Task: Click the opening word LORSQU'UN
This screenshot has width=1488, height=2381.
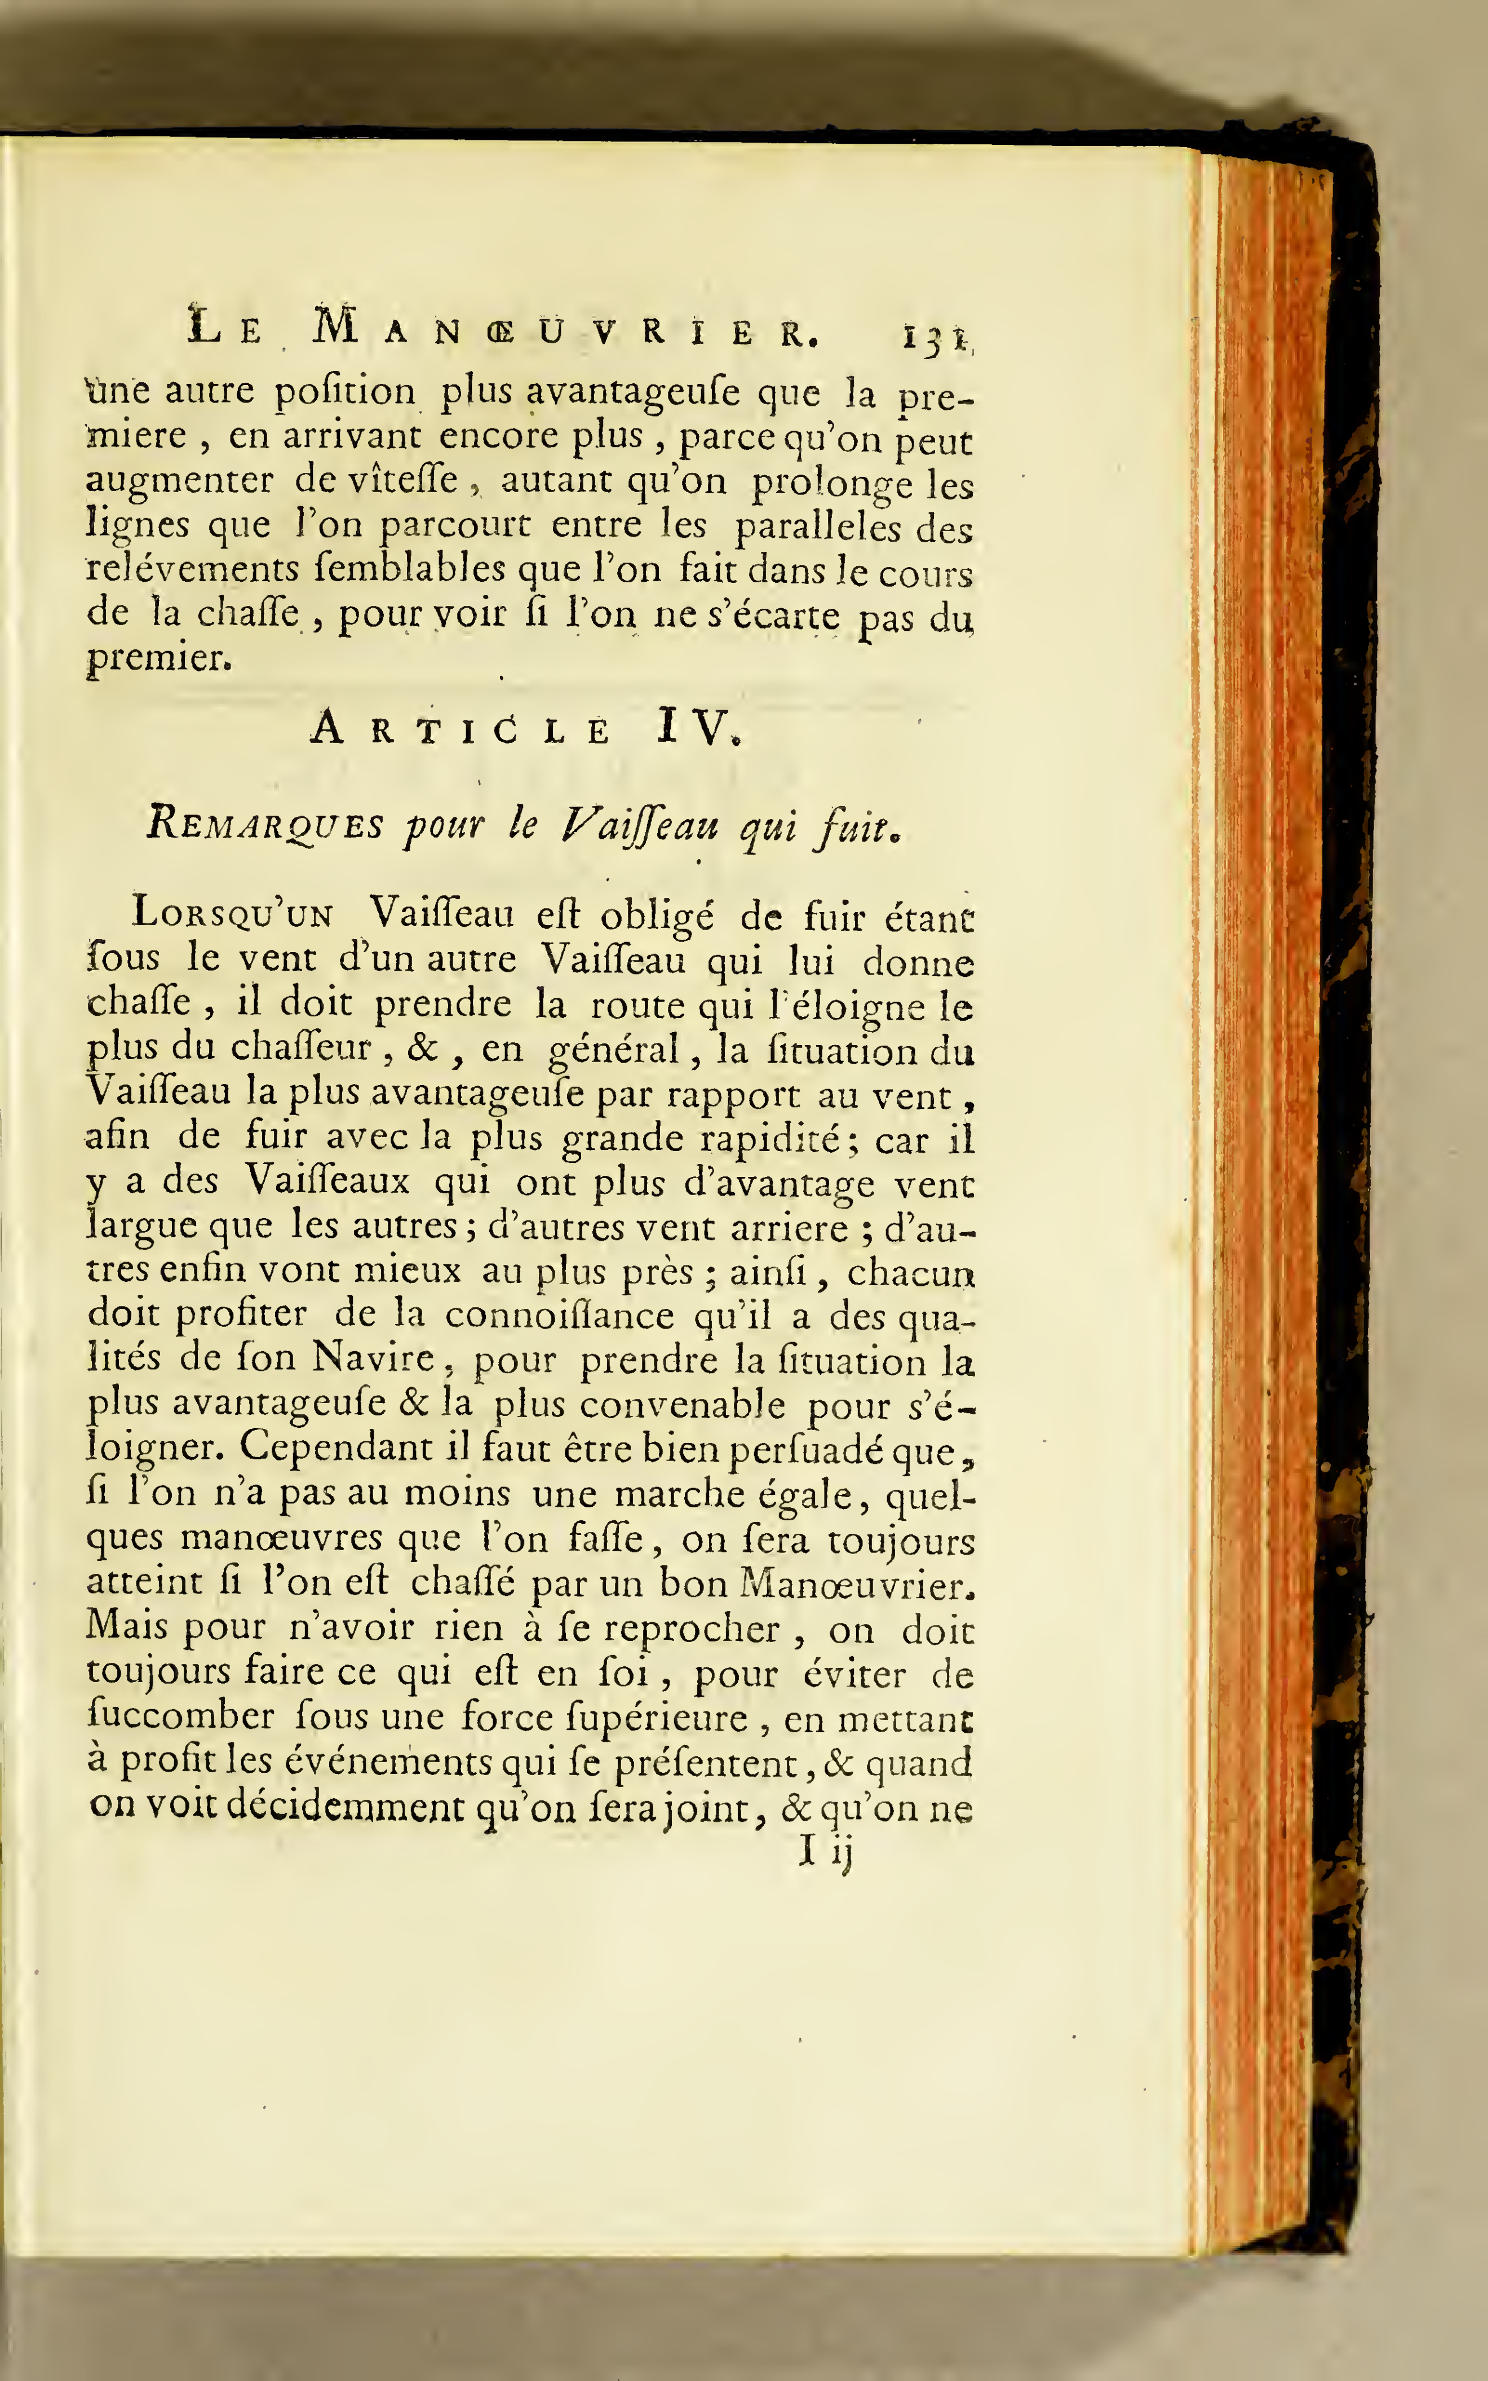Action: (232, 914)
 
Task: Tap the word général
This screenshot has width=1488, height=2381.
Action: (613, 1051)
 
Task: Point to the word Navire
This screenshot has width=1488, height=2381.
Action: (374, 1358)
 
